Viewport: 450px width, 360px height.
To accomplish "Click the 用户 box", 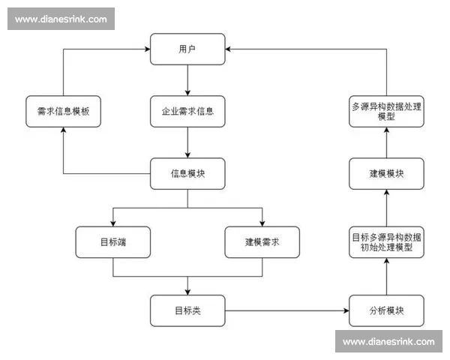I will point(187,49).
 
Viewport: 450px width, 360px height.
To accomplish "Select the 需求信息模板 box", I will point(63,111).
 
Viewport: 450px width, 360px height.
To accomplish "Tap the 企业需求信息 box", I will point(187,111).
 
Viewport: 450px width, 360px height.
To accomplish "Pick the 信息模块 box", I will point(187,174).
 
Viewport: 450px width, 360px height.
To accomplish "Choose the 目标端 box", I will point(112,241).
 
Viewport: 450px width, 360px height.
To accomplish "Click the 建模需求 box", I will point(262,241).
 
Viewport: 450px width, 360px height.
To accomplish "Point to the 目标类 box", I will point(187,310).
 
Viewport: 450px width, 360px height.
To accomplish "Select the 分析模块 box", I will point(386,310).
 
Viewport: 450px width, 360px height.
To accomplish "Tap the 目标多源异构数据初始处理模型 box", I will point(386,241).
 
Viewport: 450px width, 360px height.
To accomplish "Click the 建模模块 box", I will point(386,174).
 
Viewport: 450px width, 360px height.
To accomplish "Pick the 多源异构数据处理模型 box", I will point(386,111).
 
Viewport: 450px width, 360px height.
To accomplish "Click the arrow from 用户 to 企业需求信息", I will point(187,79).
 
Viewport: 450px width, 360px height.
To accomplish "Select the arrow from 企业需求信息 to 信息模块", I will point(187,142).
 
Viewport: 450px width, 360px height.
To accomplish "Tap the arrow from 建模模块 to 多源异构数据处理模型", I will point(386,142).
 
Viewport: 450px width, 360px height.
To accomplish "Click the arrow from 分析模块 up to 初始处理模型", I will point(386,276).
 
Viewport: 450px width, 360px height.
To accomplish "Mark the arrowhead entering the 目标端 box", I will point(112,223).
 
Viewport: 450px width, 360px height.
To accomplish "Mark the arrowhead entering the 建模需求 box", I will point(262,223).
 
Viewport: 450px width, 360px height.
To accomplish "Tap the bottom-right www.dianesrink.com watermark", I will point(388,341).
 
